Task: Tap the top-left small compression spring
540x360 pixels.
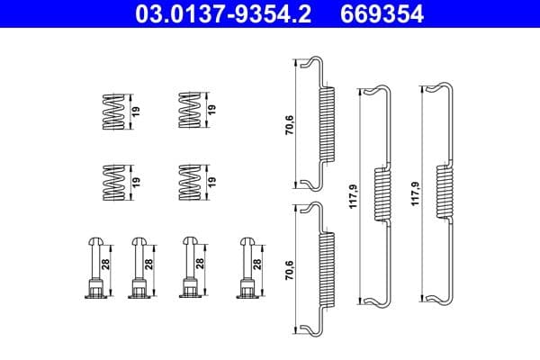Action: pyautogui.click(x=112, y=112)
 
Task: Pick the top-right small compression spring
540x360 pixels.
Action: pyautogui.click(x=190, y=112)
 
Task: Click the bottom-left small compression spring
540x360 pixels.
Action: pyautogui.click(x=112, y=183)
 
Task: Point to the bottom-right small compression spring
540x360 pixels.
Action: pyautogui.click(x=190, y=183)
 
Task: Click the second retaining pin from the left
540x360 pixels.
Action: pyautogui.click(x=139, y=268)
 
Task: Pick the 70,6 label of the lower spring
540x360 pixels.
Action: pyautogui.click(x=287, y=267)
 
